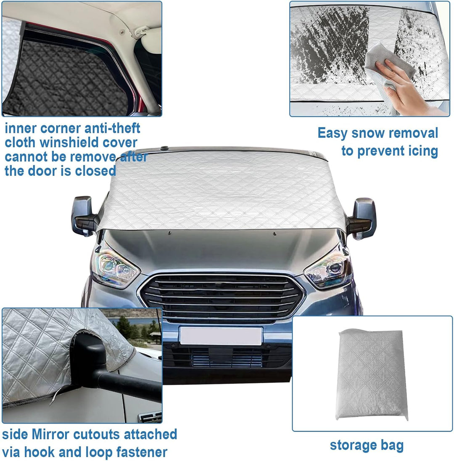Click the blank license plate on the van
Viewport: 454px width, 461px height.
point(221,336)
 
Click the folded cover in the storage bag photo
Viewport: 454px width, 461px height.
point(372,375)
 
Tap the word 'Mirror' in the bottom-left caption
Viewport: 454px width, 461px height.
point(50,434)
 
